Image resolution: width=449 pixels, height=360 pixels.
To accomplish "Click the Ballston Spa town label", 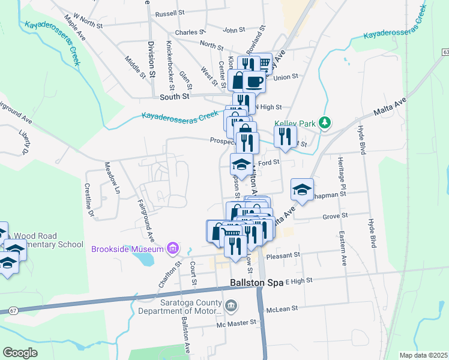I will tap(257, 282).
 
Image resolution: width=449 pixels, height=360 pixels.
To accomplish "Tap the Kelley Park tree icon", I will tap(325, 123).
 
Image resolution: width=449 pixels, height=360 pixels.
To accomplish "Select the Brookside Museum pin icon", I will tap(173, 248).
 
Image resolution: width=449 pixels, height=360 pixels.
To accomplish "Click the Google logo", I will tap(20, 353).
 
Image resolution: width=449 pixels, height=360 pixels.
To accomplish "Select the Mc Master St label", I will tap(237, 323).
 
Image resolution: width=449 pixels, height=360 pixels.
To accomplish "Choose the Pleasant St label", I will tap(282, 256).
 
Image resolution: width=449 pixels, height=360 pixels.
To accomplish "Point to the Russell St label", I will tap(169, 13).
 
